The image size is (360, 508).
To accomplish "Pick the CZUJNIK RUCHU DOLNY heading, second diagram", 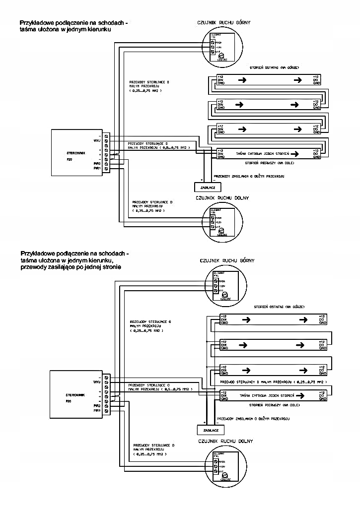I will point(225,441).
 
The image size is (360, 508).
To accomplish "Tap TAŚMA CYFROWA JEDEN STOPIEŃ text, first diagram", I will point(262,154).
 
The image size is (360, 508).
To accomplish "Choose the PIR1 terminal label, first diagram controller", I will point(97,169).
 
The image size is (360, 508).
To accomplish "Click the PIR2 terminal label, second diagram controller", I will point(97,405).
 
